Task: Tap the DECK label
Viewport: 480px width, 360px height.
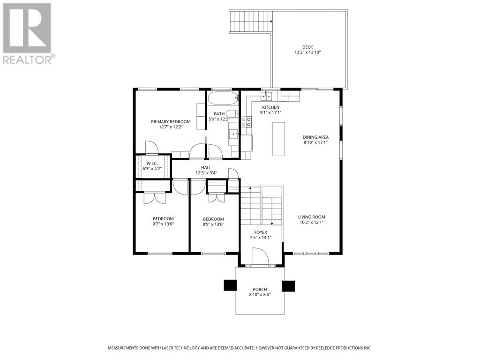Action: coord(307,47)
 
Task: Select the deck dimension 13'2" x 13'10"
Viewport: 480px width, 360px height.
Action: coord(307,52)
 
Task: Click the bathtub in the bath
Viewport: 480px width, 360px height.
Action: coord(223,99)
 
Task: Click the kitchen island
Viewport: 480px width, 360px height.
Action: coord(279,139)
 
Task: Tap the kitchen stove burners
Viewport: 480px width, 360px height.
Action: coord(246,122)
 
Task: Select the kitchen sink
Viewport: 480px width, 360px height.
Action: coord(266,96)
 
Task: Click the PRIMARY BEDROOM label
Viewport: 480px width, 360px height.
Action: coord(171,122)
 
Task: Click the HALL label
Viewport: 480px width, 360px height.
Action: coord(206,167)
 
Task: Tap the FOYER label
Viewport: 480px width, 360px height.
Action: coord(261,232)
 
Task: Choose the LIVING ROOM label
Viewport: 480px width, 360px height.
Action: coord(311,217)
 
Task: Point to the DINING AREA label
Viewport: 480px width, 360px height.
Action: coord(315,137)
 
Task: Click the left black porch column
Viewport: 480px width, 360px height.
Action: coord(230,285)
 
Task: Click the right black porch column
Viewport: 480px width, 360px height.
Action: coord(288,285)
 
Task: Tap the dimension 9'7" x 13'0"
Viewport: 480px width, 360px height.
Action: coord(163,224)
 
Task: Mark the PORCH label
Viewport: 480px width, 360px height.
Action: coord(260,289)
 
